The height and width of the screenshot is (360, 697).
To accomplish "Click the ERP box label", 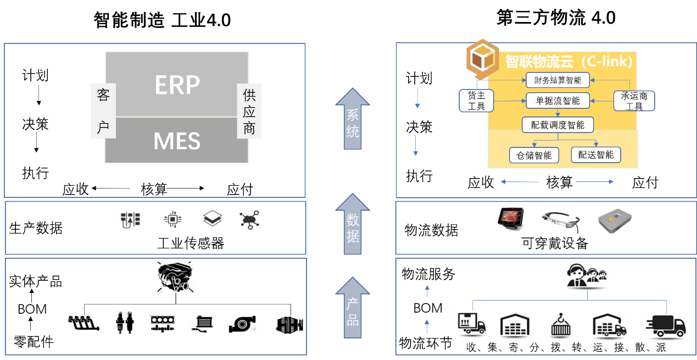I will [177, 85].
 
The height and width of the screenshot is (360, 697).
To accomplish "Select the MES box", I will [177, 141].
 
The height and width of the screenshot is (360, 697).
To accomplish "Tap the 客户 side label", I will [103, 111].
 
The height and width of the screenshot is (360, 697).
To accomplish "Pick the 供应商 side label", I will [249, 111].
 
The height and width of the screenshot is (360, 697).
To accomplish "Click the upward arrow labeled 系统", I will [353, 120].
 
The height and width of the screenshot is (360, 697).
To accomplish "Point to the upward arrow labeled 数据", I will [353, 225].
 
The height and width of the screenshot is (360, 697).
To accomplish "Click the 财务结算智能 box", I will [557, 80].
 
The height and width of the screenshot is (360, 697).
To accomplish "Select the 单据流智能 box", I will [557, 101].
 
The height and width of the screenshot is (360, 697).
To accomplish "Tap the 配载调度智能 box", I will [557, 125].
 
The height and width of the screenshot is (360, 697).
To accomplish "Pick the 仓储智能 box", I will [534, 156].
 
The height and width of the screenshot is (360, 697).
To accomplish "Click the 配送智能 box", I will [596, 155].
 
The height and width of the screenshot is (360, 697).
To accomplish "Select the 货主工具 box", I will [476, 101].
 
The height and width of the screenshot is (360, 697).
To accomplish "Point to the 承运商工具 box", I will [634, 101].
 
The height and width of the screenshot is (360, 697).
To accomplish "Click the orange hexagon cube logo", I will [482, 57].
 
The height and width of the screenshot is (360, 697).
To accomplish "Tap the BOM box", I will [428, 308].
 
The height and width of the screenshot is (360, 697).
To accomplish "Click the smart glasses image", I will [561, 221].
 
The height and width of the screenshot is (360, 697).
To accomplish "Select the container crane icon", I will [561, 325].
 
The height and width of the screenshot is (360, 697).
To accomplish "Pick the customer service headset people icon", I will [587, 275].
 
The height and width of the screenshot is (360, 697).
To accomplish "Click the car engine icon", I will [175, 276].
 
